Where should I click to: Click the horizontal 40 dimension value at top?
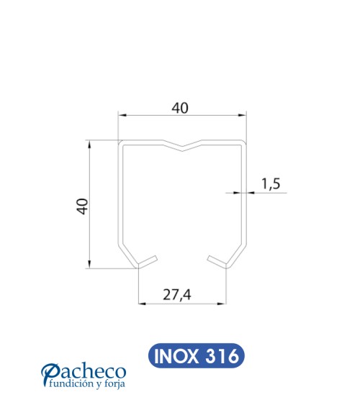180,108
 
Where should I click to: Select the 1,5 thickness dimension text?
270,184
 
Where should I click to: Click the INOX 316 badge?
194,355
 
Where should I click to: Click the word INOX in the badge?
175,355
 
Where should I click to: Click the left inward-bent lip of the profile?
145,259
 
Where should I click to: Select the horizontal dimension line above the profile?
181,116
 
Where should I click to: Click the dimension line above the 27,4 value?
181,304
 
